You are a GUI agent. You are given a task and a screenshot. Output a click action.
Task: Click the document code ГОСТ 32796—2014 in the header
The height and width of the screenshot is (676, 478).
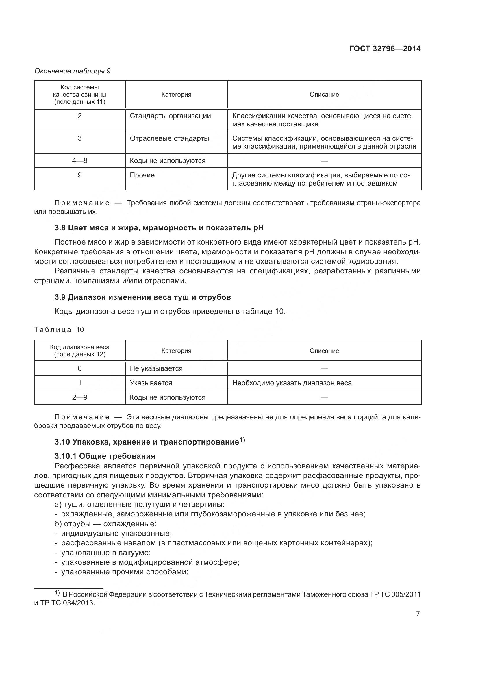pos(385,49)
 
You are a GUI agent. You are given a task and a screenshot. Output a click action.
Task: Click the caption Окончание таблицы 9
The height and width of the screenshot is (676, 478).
pos(73,71)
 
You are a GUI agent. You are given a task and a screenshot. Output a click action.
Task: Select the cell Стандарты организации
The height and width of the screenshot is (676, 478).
pos(170,116)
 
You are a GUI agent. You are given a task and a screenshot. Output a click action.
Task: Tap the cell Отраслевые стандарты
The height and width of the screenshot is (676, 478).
pos(169,138)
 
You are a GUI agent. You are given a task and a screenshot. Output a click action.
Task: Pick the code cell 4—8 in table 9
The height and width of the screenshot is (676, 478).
pos(79,161)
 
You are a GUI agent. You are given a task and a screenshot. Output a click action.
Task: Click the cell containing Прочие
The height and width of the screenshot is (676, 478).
pos(142,175)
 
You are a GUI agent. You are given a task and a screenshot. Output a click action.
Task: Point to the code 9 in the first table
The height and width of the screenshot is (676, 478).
pos(79,175)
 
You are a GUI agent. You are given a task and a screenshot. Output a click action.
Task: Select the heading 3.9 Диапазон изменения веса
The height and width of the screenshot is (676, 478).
pos(142,297)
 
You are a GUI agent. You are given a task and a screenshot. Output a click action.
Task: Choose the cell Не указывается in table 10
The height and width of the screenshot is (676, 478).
pos(156,368)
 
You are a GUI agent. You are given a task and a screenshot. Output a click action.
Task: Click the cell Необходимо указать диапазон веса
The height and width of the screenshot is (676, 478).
pos(292,383)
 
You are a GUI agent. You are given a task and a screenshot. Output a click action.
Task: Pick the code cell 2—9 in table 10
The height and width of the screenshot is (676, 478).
pos(79,397)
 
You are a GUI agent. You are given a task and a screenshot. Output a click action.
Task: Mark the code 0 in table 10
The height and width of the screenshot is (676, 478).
pos(79,368)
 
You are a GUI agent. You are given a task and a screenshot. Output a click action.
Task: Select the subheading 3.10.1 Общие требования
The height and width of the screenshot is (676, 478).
pos(105,456)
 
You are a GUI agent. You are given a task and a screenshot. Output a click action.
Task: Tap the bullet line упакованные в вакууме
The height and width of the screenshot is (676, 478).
pos(106,553)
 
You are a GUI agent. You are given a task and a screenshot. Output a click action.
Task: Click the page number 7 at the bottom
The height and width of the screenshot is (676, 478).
pos(418,614)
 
